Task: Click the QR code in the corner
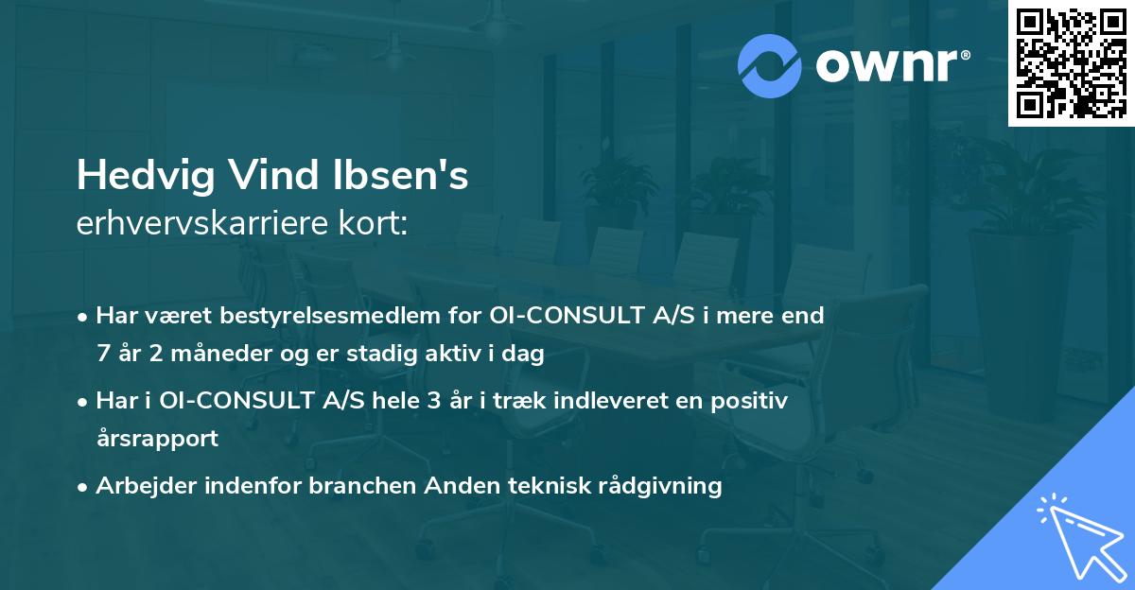coord(1071,63)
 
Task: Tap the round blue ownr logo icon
coord(770,65)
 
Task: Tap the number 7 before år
coord(103,355)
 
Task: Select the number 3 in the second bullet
coord(433,400)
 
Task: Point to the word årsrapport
coord(157,439)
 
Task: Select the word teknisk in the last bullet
coord(550,486)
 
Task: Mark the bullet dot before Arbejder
coord(84,487)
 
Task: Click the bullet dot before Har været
coord(84,316)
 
